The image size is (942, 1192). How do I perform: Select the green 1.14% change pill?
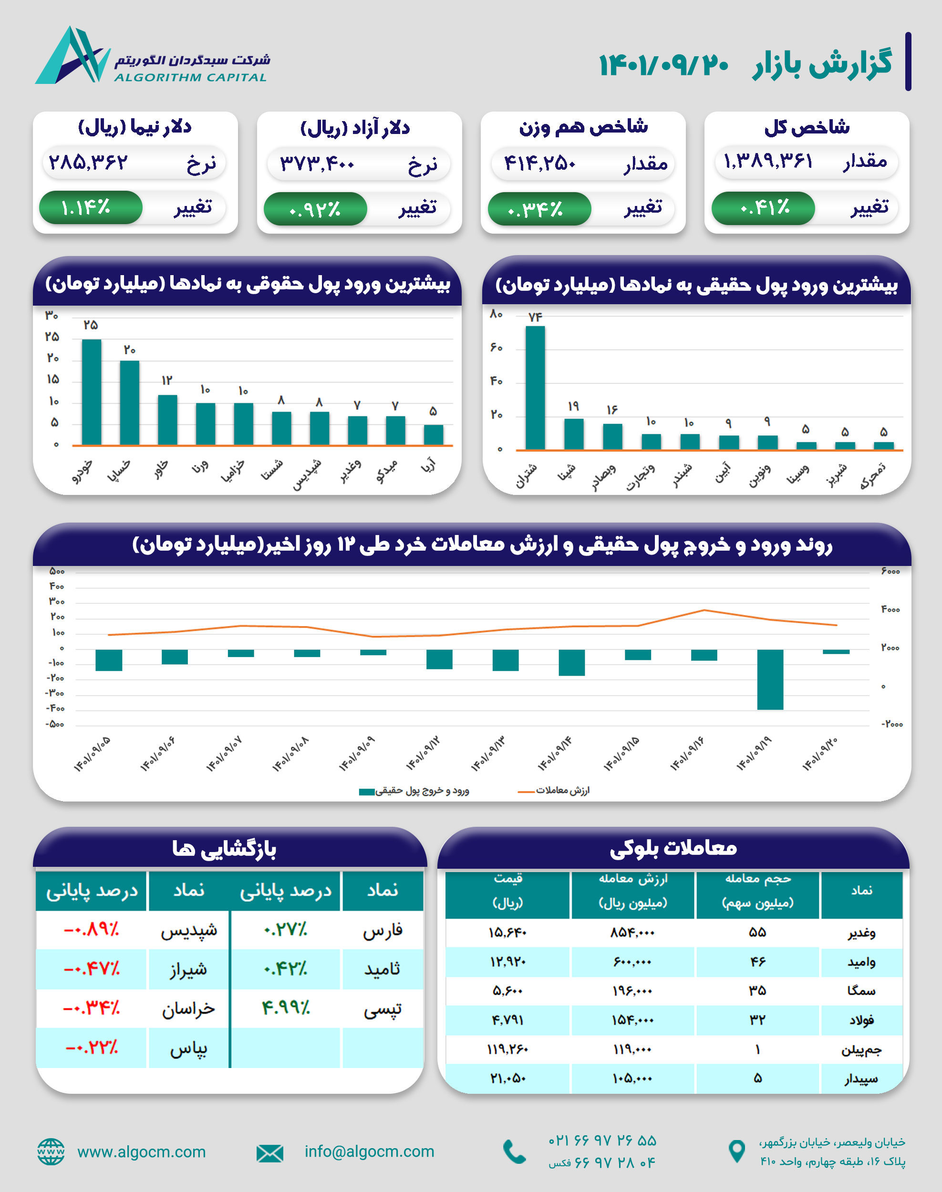click(x=91, y=208)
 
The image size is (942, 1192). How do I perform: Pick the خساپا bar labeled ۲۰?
click(x=130, y=402)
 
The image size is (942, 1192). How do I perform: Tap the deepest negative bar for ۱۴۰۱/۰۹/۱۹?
click(x=770, y=679)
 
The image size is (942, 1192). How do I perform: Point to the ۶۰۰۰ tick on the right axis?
click(x=890, y=572)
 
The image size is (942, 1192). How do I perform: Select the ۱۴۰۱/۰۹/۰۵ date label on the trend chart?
click(x=92, y=754)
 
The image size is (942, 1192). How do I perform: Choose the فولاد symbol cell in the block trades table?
click(x=861, y=1020)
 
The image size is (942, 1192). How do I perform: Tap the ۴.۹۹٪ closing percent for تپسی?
click(x=286, y=1008)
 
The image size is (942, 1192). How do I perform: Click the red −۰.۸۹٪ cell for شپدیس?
click(x=92, y=930)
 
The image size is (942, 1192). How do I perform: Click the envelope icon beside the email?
click(x=269, y=1153)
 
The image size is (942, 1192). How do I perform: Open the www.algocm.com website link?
click(x=141, y=1152)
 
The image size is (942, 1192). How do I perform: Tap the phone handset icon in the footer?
click(x=515, y=1152)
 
